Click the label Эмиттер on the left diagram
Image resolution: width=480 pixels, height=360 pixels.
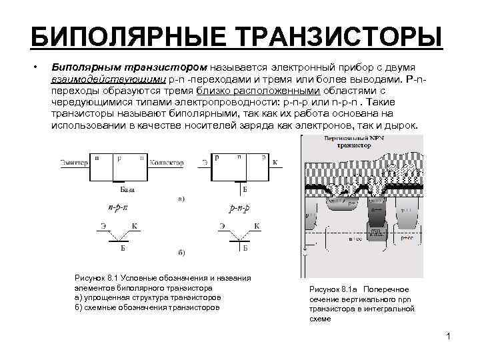click(71, 161)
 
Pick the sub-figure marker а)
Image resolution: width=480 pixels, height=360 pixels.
click(181, 199)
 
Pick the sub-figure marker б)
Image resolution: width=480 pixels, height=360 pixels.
click(181, 253)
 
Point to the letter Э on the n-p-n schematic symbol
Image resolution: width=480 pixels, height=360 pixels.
click(103, 226)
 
